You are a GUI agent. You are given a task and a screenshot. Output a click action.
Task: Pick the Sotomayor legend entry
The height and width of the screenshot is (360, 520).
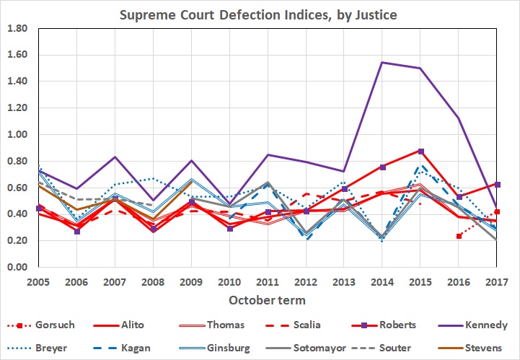coord(317,347)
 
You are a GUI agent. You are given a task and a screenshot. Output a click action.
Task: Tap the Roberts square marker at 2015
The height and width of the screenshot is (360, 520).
coord(420,152)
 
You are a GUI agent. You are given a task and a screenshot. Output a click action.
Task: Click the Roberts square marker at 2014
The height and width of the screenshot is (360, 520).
coord(382,167)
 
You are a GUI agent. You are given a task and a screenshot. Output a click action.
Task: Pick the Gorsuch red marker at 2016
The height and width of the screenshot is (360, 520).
coord(459,236)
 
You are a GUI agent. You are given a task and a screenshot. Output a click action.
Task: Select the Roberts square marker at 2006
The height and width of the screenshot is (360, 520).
coord(77,232)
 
